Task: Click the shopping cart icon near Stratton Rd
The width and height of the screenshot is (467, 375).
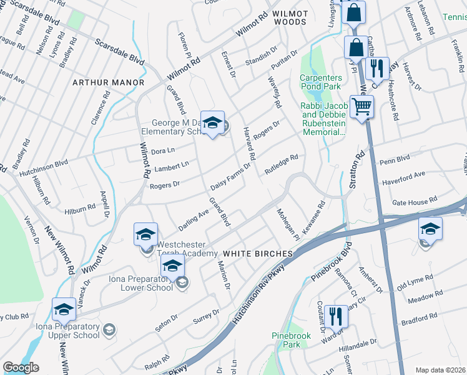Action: [x=361, y=107]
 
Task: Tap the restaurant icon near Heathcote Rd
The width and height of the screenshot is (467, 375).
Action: [x=376, y=68]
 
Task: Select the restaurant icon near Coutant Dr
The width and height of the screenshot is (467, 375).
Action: [x=336, y=316]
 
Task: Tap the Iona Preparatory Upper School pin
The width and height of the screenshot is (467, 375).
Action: [x=64, y=310]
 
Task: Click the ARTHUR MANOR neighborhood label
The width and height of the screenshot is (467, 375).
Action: [x=108, y=82]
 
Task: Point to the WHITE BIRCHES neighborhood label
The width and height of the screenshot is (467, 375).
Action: [x=258, y=253]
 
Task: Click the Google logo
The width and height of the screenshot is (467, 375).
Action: [x=21, y=367]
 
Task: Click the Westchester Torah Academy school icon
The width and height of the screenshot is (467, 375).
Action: [x=145, y=235]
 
